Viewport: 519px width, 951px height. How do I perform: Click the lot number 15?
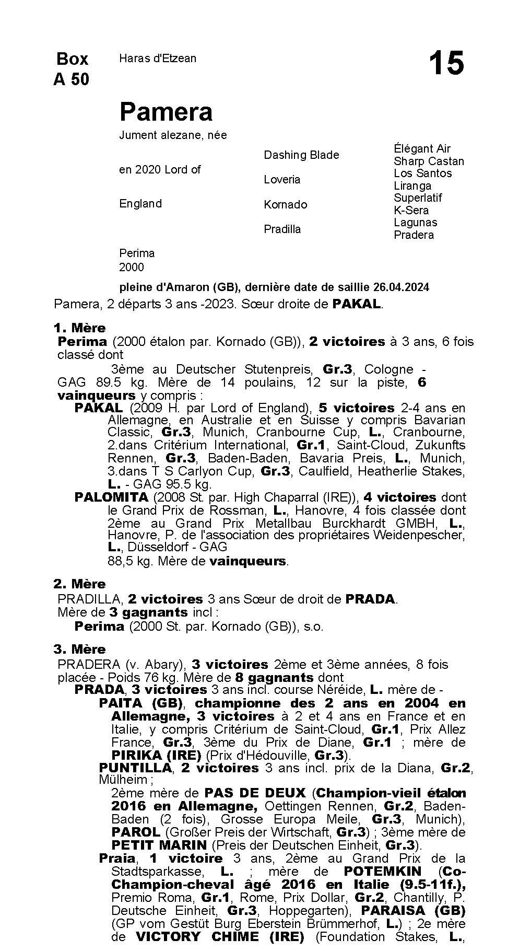pyautogui.click(x=446, y=64)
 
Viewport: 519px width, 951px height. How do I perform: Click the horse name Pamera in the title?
pyautogui.click(x=166, y=112)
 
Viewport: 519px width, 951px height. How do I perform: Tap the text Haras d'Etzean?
pyautogui.click(x=158, y=59)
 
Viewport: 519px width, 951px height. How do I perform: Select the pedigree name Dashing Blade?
pyautogui.click(x=301, y=155)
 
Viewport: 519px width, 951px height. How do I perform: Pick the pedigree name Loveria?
pyautogui.click(x=282, y=180)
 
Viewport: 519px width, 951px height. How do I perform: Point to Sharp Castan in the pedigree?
pyautogui.click(x=429, y=161)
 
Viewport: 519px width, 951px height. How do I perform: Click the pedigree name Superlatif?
pyautogui.click(x=418, y=198)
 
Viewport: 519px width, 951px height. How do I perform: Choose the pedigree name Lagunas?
pyautogui.click(x=415, y=223)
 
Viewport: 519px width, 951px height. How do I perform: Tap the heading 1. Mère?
pyautogui.click(x=79, y=328)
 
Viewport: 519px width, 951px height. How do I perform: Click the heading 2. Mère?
pyautogui.click(x=79, y=584)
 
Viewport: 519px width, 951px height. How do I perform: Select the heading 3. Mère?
pyautogui.click(x=79, y=649)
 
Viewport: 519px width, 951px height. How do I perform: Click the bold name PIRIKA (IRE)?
pyautogui.click(x=156, y=755)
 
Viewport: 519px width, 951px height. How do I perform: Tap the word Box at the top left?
pyautogui.click(x=72, y=59)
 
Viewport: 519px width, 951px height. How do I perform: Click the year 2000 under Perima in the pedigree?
pyautogui.click(x=132, y=267)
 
